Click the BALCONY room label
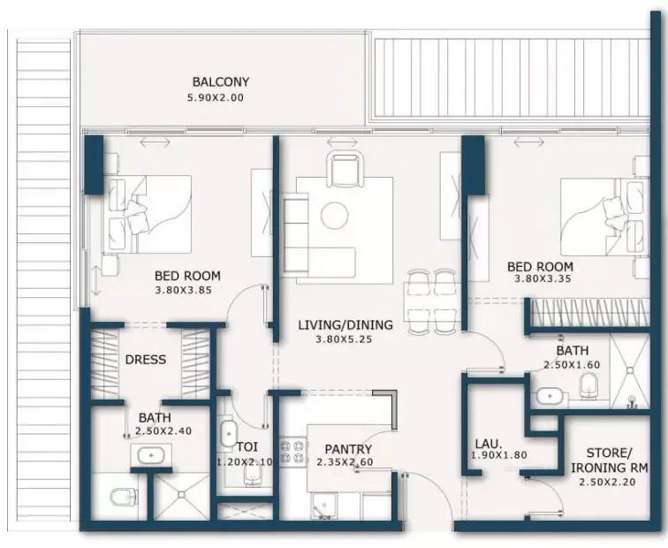tap(221, 81)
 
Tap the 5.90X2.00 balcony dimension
tap(216, 97)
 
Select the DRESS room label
tap(146, 360)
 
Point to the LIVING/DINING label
tap(345, 325)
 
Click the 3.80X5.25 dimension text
tap(344, 339)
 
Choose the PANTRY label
tap(348, 449)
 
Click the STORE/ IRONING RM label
tap(609, 460)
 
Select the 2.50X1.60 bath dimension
tap(572, 365)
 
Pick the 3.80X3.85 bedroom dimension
tap(183, 291)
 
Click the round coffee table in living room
tap(335, 216)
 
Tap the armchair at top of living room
tap(345, 169)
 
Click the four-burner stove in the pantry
tap(293, 452)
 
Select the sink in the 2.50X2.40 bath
tap(151, 455)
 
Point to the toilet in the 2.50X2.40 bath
tap(120, 497)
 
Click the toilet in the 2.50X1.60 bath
tap(589, 385)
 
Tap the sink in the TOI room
tap(229, 434)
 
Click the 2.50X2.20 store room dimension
tap(607, 483)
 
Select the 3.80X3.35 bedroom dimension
tap(543, 279)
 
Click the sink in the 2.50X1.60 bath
tap(550, 396)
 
